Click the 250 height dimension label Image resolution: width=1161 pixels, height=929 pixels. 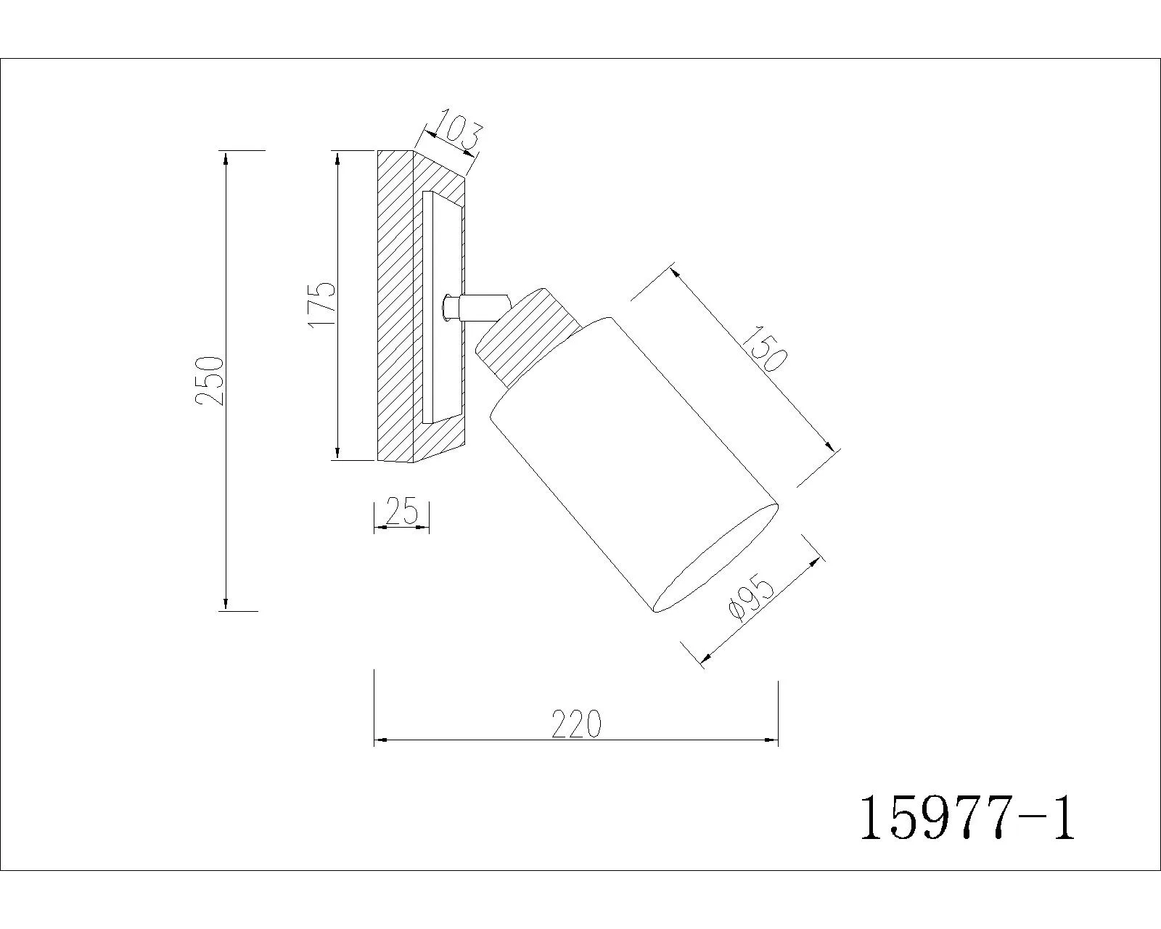[209, 380]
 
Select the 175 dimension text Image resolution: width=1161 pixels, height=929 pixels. [321, 304]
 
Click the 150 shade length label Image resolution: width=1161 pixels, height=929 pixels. [766, 348]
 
